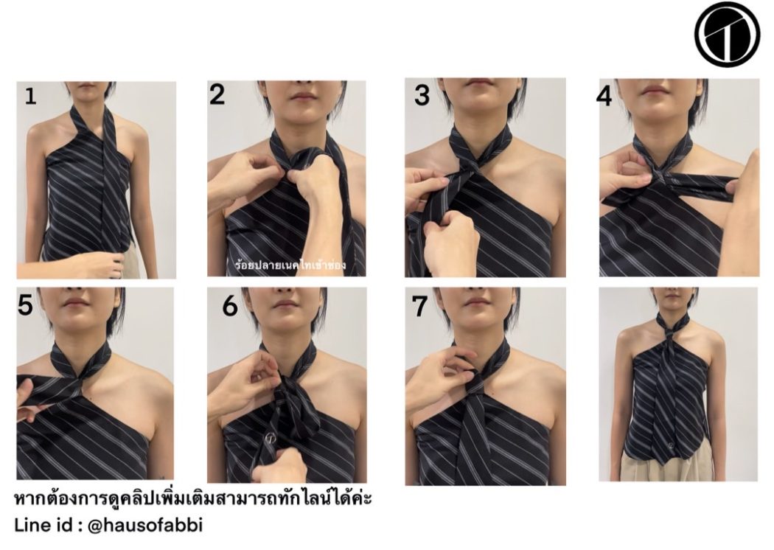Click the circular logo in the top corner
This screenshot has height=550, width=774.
(727, 34)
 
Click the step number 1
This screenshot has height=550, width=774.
(31, 96)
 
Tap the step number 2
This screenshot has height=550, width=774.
(217, 94)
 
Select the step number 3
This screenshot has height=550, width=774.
(422, 95)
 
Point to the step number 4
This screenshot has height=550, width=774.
(604, 97)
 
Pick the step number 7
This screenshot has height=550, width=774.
(419, 307)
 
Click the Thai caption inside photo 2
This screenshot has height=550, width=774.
(290, 265)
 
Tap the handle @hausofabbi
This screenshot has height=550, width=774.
(145, 525)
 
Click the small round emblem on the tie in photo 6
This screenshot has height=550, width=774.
(271, 437)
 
